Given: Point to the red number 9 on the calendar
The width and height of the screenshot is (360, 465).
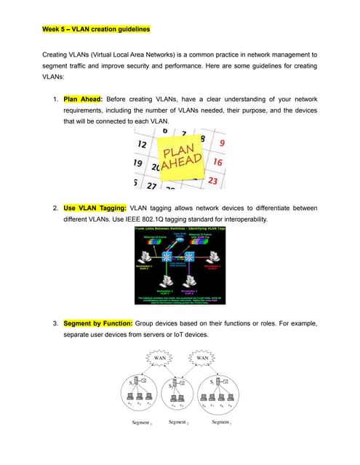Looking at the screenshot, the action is pos(220,144).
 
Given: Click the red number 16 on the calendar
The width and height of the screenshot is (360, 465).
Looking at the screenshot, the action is pos(217,162).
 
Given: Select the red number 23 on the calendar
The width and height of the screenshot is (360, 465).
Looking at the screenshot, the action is pos(213,180).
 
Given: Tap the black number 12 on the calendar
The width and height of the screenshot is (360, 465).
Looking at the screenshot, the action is pos(143,145).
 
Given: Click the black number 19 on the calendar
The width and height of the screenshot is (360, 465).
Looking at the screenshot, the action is pos(138,163).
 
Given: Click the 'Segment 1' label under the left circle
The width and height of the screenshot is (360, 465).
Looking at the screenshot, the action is pos(140,422).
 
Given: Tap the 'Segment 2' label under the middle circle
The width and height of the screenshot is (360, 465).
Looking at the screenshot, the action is pos(178,421).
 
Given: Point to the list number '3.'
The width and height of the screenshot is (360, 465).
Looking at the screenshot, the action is pos(56,322).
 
